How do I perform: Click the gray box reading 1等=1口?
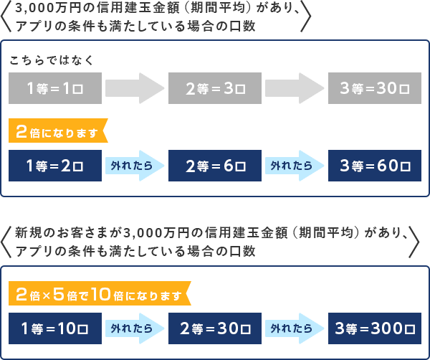[x=55, y=88]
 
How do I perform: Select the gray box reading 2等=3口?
[x=215, y=88]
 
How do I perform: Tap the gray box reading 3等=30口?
[x=375, y=88]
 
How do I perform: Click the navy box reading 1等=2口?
[x=55, y=166]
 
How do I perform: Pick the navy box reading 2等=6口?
[x=215, y=166]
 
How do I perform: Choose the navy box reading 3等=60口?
[x=375, y=166]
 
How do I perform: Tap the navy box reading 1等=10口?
[x=55, y=328]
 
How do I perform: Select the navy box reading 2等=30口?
[x=215, y=328]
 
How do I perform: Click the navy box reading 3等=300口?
[x=375, y=328]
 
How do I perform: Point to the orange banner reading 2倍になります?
[x=57, y=131]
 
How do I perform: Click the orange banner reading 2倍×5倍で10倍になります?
[x=99, y=293]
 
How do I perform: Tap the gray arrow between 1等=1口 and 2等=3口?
[x=135, y=88]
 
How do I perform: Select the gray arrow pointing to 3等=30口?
[x=295, y=88]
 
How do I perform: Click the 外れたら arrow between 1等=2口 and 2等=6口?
[x=135, y=166]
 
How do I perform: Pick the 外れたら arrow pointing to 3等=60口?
[x=295, y=166]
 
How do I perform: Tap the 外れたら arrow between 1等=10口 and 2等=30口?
[x=135, y=328]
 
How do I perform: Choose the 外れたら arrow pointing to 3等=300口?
[x=295, y=328]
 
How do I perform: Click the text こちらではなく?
[x=52, y=60]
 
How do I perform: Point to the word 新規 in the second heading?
[x=28, y=233]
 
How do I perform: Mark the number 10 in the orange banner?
[x=100, y=294]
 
